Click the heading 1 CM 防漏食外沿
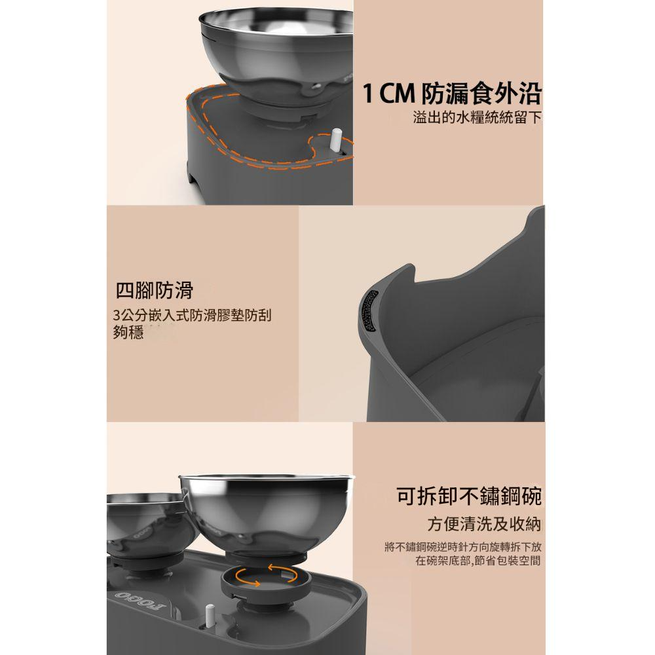coord(452,94)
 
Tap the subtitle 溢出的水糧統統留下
coord(477,117)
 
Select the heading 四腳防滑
coord(154,290)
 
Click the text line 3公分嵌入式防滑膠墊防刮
coord(192,315)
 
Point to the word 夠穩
coord(128,332)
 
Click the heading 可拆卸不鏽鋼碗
coord(469,496)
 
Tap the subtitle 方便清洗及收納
coord(484,524)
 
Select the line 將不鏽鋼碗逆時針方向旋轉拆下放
coord(463,547)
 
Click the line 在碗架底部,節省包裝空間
coord(478,560)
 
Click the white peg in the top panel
coord(336,142)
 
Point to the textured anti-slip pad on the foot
coord(369,311)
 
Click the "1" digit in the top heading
coord(367,94)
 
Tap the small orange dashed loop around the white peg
coord(330,147)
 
